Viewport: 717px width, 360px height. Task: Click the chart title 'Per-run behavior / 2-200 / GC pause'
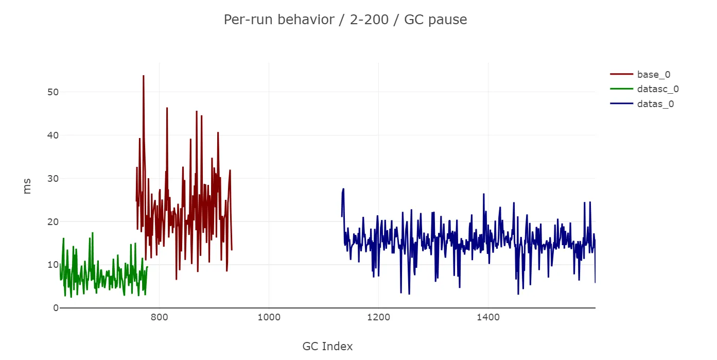coord(345,20)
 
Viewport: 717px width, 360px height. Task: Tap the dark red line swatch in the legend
coord(621,75)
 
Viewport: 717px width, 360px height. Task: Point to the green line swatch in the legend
coord(621,89)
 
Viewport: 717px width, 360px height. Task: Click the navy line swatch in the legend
coord(621,104)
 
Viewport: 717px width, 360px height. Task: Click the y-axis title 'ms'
coord(27,186)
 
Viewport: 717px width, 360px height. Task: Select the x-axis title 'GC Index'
coord(327,346)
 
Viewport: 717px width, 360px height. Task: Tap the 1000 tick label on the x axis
coord(269,317)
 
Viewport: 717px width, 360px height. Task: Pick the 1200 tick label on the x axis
coord(378,317)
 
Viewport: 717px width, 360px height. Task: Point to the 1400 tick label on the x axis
coord(488,317)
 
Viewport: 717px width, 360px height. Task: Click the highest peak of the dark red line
coord(144,76)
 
